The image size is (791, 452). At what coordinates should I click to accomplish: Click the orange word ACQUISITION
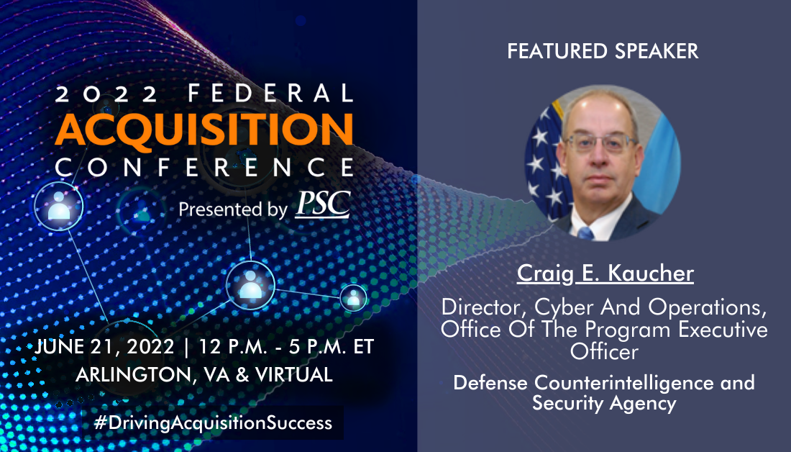[x=204, y=130]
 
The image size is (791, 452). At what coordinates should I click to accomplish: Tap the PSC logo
[x=323, y=204]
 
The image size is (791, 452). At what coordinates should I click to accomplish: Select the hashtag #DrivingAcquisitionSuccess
[x=213, y=422]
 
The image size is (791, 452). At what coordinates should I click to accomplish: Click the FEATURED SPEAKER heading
[x=603, y=51]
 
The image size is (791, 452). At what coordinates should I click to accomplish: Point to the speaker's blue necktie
[x=585, y=232]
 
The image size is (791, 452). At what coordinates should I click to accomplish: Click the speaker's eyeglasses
[x=600, y=143]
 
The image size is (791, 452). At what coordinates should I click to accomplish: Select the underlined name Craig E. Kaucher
[x=605, y=274]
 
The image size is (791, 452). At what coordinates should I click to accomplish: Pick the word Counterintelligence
[x=624, y=382]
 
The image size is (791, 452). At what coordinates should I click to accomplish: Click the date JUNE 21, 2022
[x=105, y=346]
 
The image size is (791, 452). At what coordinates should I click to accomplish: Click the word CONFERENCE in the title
[x=204, y=168]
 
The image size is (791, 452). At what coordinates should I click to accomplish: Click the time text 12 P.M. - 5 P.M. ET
[x=286, y=346]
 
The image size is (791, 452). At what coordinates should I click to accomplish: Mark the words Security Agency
[x=604, y=403]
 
